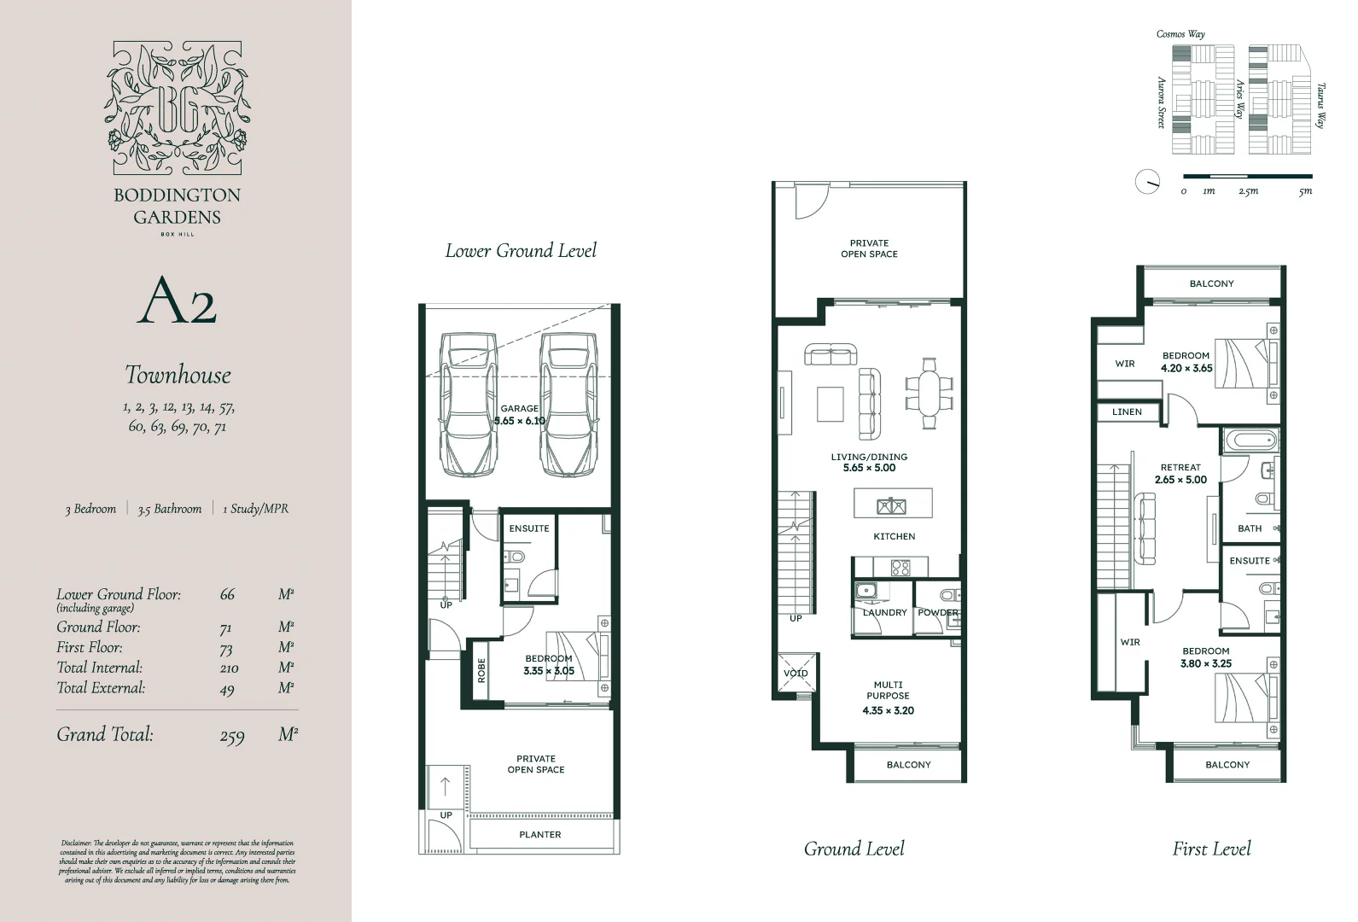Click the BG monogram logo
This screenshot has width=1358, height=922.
pos(177,108)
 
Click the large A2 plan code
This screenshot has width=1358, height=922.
pos(177,300)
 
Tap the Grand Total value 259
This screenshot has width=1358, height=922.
pos(232,736)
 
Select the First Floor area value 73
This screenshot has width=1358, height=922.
pos(226,649)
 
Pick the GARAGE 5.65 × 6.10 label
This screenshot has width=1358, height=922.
pos(519,415)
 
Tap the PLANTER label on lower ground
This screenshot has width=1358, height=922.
pos(540,835)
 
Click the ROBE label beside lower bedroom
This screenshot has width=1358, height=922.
pos(481,669)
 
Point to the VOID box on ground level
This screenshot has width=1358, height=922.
pos(796,674)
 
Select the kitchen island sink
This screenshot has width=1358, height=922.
pos(891,506)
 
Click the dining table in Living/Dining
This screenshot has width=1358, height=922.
pos(928,393)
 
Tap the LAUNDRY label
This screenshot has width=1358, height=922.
pos(884,613)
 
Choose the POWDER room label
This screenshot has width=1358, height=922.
pos(938,613)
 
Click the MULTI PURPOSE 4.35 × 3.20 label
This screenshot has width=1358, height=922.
pos(888,697)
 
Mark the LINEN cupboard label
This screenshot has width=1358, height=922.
pos(1127,411)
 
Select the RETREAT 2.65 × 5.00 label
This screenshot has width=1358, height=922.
pos(1180,474)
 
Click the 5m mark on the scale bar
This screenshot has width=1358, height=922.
pos(1305,191)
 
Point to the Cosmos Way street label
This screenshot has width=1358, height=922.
pos(1180,34)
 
